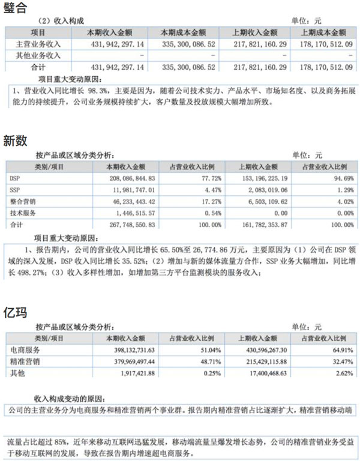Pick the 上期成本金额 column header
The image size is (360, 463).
click(x=324, y=32)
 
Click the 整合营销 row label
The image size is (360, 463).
click(x=23, y=201)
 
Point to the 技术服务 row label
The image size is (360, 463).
click(x=23, y=213)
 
